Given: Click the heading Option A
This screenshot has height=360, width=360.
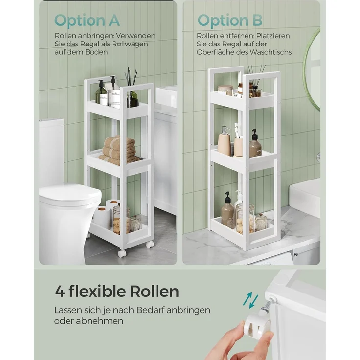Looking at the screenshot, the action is (87, 21).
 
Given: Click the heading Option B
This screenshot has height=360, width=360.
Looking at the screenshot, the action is (230, 21).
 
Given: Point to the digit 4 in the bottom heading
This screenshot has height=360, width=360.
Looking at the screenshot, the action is (60, 292).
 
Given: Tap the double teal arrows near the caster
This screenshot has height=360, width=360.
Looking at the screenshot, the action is (251, 300).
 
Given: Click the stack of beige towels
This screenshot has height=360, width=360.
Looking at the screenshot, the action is (119, 150).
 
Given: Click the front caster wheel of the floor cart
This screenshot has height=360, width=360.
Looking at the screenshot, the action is (122, 253).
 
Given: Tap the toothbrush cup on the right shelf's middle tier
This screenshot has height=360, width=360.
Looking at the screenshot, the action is (238, 147).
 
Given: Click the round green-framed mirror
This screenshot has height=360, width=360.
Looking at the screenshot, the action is (312, 69).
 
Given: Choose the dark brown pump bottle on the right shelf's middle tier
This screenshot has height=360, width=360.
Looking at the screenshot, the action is (255, 143).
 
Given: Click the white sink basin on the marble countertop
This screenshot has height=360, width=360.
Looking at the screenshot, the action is (305, 195).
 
